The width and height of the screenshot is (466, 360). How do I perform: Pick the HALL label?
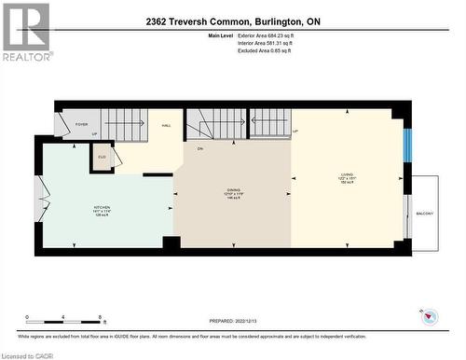[166, 124]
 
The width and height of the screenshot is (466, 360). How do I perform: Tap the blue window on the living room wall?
[406, 145]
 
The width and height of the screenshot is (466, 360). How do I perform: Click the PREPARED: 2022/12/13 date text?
[233, 320]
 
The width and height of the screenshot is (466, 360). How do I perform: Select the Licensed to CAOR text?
[29, 354]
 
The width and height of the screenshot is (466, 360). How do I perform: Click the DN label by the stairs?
[199, 149]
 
